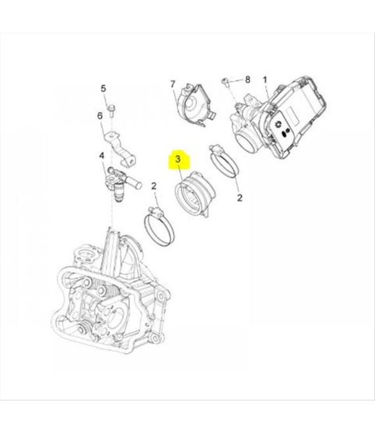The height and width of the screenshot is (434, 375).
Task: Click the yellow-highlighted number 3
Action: click(178, 159)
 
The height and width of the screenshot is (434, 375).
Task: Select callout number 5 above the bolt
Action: click(103, 89)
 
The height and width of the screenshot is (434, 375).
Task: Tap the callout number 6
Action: click(100, 116)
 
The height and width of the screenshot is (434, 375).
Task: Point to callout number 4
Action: click(101, 156)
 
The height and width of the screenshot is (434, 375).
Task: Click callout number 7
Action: click(173, 84)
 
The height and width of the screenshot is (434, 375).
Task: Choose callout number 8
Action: click(247, 80)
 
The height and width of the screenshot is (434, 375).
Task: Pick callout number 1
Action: click(264, 80)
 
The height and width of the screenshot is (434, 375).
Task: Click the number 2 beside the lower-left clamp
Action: click(154, 186)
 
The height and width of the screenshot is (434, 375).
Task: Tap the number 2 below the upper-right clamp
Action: click(240, 198)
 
